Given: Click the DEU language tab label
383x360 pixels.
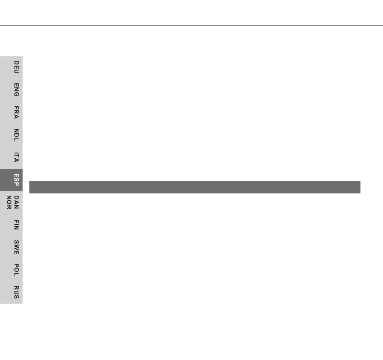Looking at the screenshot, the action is pos(17,67).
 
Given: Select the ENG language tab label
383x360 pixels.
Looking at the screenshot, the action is pos(17,90).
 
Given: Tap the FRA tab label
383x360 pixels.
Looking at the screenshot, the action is pos(17,112).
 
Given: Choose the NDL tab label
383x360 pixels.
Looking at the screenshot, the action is pos(17,134).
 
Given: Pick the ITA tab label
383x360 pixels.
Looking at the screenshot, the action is pos(17,157).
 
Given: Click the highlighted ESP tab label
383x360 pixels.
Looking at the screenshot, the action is pos(17,180).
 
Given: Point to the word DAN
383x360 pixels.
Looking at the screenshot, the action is pos(17,202).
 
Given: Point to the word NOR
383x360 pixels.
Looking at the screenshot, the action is pos(9,202).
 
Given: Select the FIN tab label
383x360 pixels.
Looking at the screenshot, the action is pos(17,225).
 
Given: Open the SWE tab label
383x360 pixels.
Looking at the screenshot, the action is pos(17,247).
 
